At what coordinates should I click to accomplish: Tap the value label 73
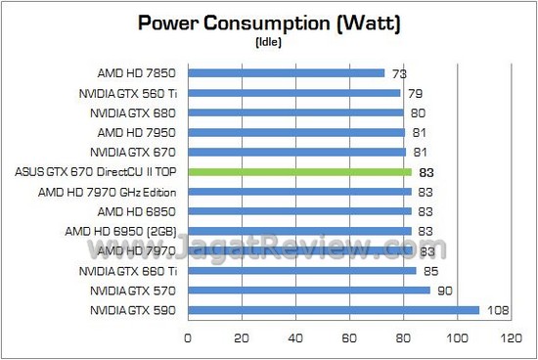point(399,73)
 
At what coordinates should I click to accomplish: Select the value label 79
point(416,93)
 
